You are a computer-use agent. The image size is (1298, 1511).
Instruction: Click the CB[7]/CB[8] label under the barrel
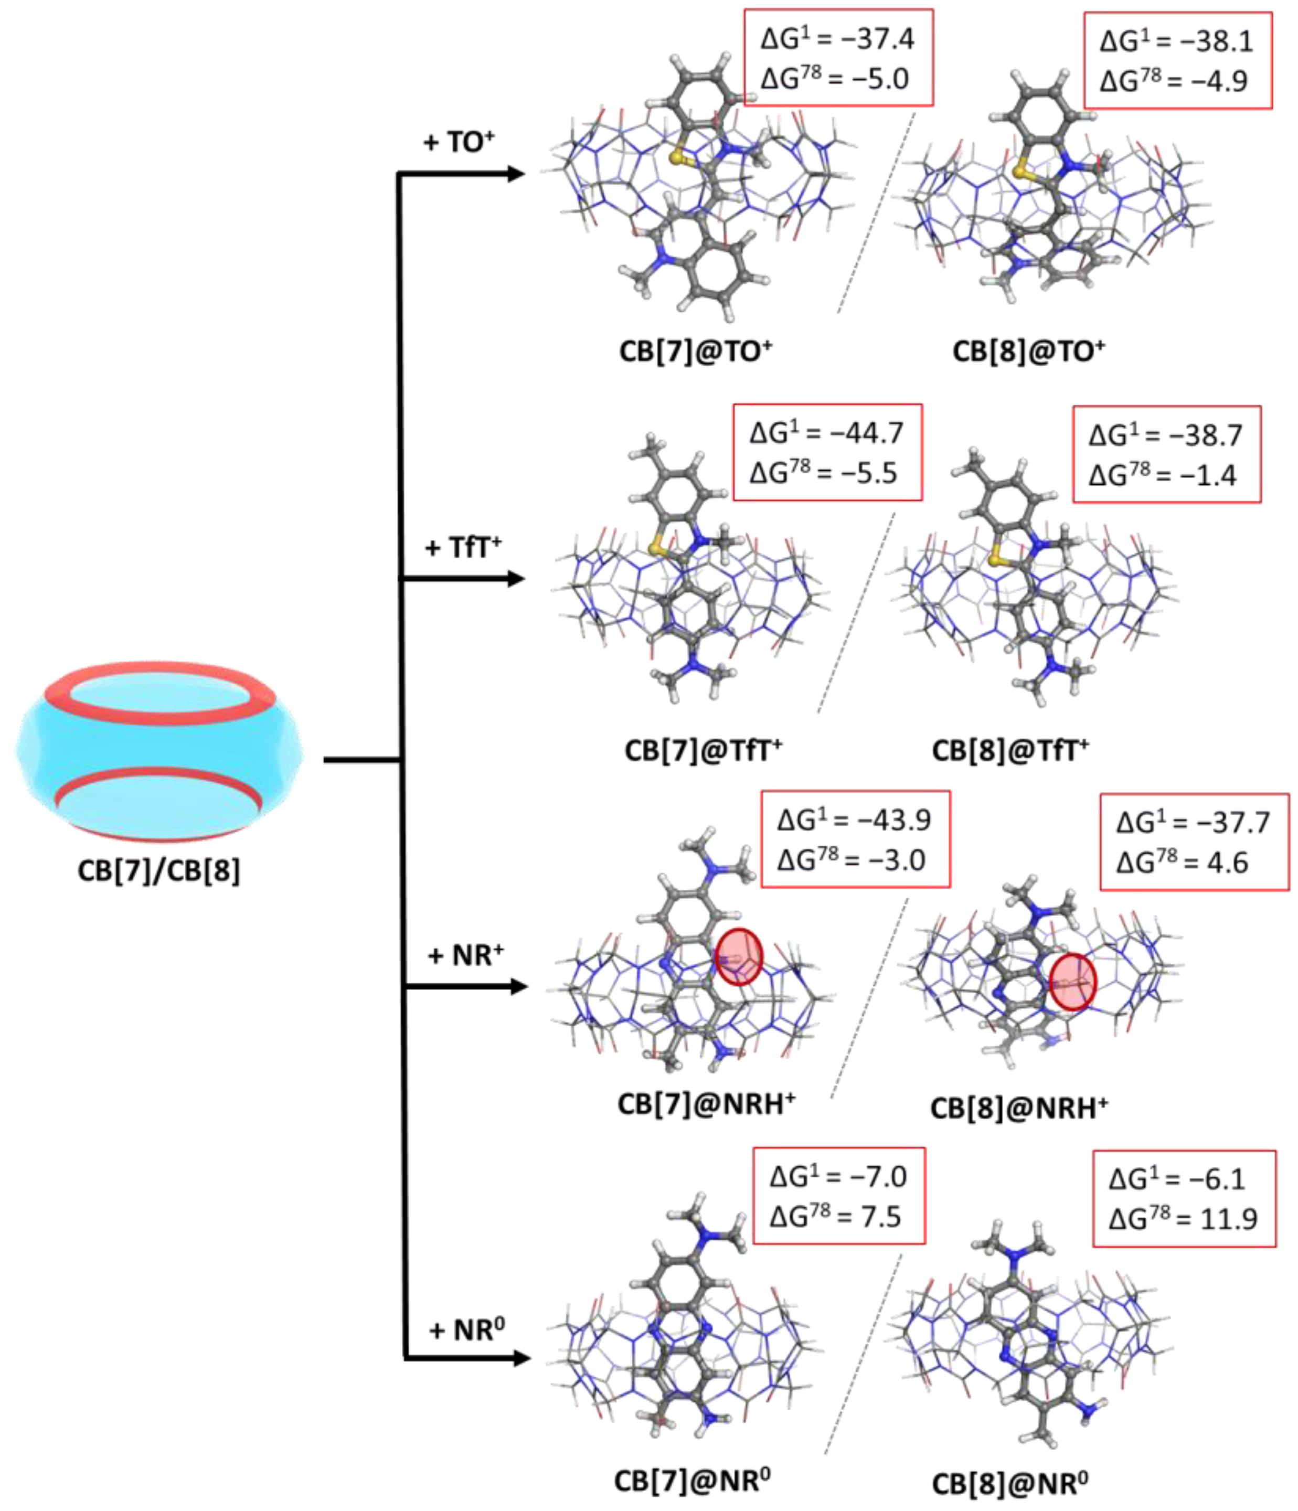(x=159, y=870)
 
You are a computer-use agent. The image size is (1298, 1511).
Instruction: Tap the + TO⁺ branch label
(x=459, y=142)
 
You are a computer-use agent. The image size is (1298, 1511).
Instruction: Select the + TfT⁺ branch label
(x=463, y=547)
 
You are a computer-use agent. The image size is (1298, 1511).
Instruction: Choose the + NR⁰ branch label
(x=467, y=1329)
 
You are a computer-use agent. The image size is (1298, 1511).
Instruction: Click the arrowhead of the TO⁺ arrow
(x=516, y=174)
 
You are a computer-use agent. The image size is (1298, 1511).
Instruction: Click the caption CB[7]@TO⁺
(x=696, y=352)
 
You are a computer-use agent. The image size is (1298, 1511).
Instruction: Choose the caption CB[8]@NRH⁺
(x=1019, y=1109)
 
